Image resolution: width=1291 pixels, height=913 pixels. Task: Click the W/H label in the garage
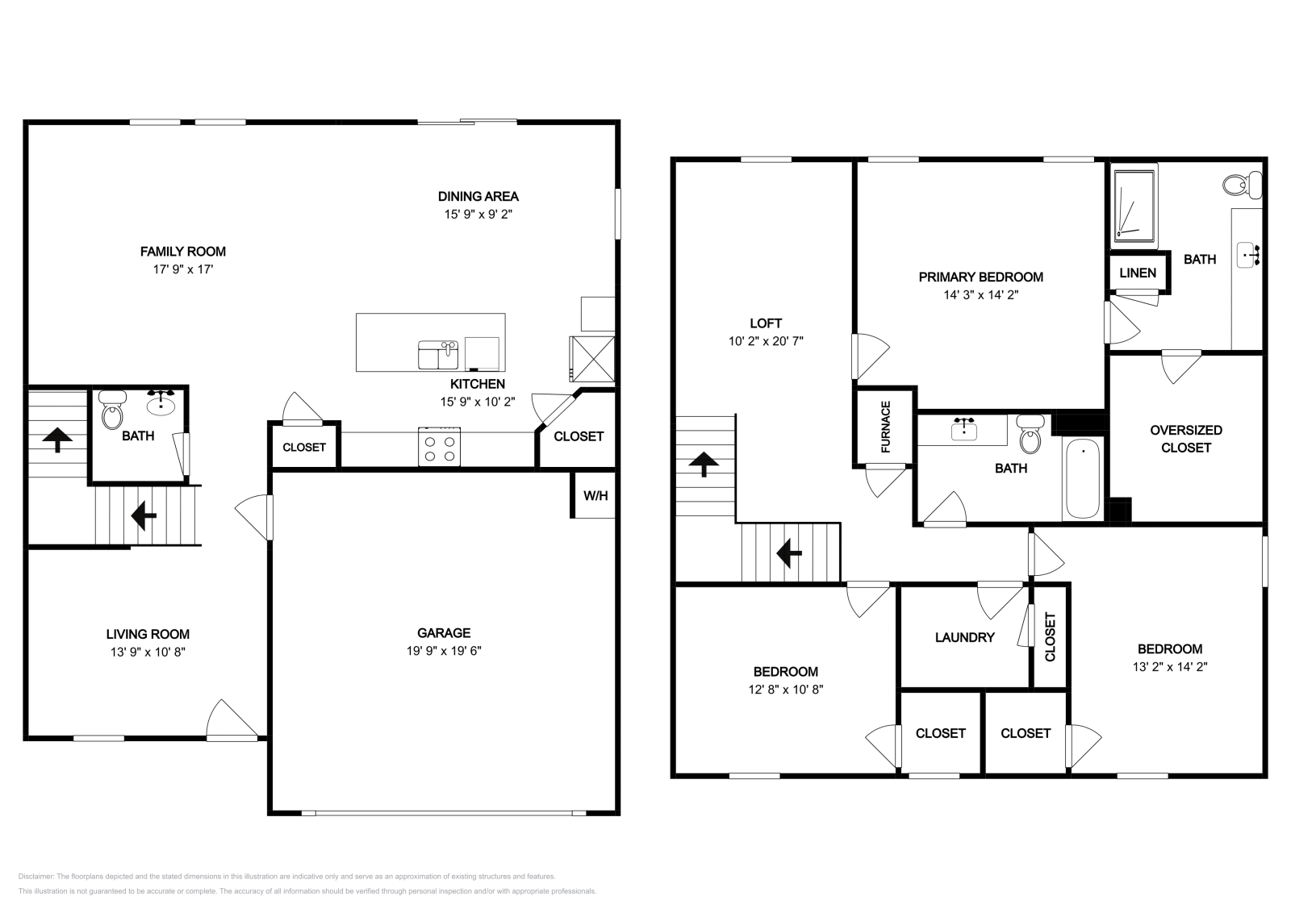595,495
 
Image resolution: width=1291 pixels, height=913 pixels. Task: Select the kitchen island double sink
438,355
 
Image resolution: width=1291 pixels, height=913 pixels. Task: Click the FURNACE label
886,427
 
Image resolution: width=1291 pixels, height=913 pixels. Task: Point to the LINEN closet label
1138,273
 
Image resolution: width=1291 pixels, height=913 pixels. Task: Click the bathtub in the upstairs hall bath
1082,480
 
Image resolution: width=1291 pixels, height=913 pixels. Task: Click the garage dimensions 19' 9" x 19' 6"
444,651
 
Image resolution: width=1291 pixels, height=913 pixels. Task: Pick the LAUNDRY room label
964,637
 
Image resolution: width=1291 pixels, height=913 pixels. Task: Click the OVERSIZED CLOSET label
1186,439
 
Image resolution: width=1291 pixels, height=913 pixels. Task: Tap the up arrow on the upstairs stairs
704,465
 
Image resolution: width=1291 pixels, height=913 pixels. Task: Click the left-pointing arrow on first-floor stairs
144,515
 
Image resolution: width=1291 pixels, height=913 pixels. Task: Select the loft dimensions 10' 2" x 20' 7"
766,341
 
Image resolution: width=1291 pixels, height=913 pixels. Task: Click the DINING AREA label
478,196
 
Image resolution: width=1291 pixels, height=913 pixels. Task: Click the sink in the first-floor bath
161,401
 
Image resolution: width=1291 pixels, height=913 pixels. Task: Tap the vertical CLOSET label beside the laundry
1050,637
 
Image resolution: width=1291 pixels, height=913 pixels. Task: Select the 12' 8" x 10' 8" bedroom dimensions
786,690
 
